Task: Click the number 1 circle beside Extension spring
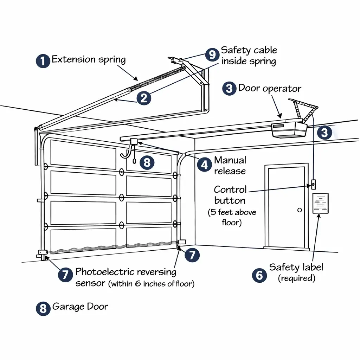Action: click(x=43, y=61)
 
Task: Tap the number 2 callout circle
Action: click(x=143, y=98)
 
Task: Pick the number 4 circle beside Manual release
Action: click(x=204, y=164)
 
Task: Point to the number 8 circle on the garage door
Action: click(x=147, y=162)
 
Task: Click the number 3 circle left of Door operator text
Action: click(x=229, y=88)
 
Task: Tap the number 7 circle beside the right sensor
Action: click(x=192, y=255)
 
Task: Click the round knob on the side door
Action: click(x=300, y=210)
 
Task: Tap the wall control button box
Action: click(x=313, y=184)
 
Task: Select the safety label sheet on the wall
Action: click(x=320, y=203)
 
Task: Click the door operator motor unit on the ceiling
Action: click(x=289, y=130)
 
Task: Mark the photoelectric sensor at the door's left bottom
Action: click(x=43, y=252)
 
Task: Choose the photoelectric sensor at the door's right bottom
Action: click(x=181, y=242)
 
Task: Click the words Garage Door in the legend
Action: click(x=80, y=307)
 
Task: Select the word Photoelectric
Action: click(x=104, y=272)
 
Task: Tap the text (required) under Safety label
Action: click(x=296, y=278)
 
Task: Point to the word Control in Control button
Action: click(x=230, y=189)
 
